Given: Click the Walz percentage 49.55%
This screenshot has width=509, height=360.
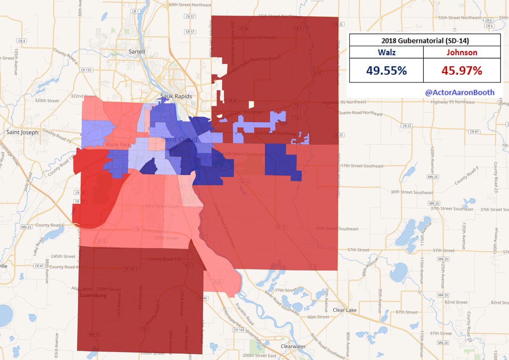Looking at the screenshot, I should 386,70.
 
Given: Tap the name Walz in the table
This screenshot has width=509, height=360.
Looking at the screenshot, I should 386,53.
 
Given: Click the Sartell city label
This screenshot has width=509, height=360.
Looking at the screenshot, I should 137,51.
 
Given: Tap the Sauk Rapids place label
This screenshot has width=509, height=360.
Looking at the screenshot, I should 176,96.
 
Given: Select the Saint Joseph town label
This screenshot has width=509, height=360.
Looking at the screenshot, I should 22,132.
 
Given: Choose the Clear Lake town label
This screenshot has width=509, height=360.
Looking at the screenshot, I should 345,310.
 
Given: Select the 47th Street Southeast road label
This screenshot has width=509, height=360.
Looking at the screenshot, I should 337,229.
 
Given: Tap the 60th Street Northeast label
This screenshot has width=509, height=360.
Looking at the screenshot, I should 190,5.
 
